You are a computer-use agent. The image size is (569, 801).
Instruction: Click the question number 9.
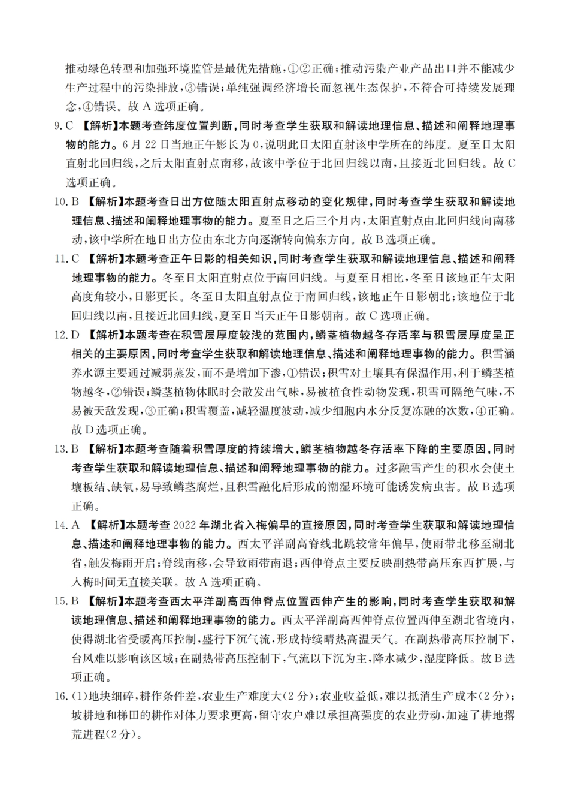click(x=57, y=127)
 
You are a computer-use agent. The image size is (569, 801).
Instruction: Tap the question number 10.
click(x=60, y=201)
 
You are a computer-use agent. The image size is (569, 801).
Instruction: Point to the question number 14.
click(x=60, y=526)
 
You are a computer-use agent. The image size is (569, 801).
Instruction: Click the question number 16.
click(x=60, y=697)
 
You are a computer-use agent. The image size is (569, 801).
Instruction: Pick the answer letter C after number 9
click(x=69, y=127)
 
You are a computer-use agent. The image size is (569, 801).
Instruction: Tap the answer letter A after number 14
click(x=76, y=526)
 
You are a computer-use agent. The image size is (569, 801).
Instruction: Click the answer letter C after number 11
click(x=76, y=259)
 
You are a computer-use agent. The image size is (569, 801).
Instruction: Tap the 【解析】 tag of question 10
click(x=103, y=201)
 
